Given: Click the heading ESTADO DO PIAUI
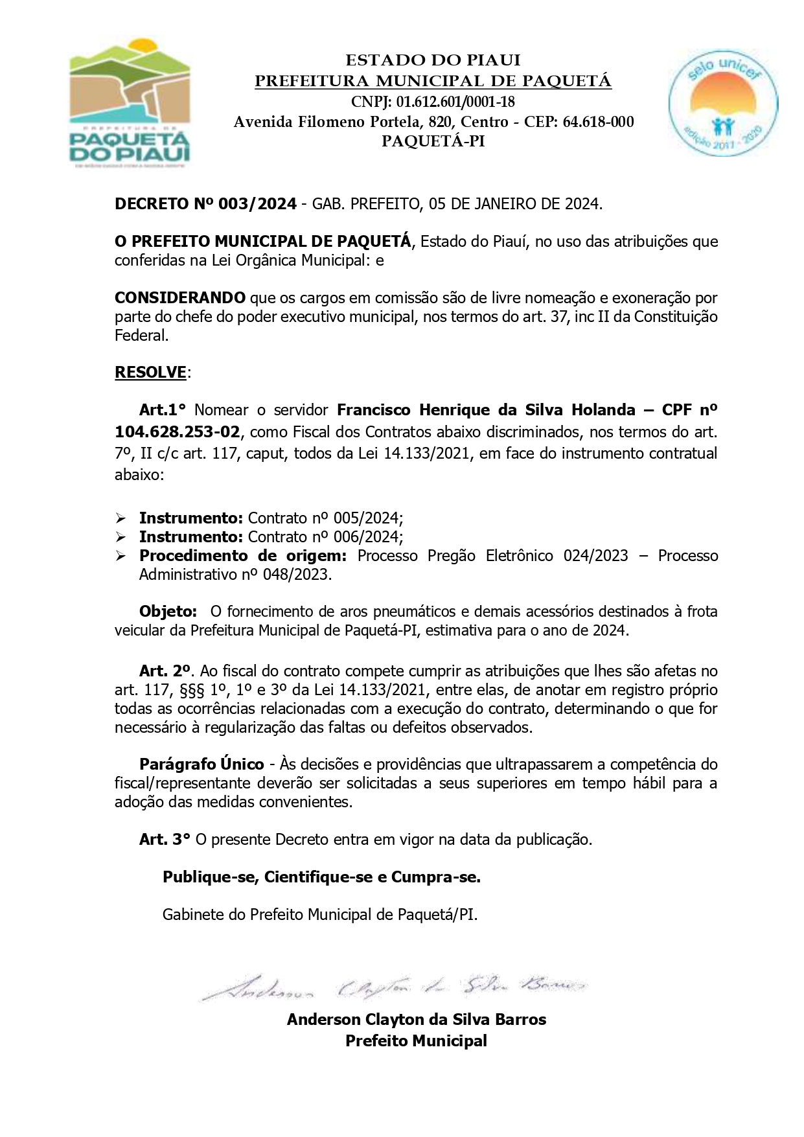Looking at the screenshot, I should pos(433,60).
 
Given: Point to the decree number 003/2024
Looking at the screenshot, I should pos(258,204).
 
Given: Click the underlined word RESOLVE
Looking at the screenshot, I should pos(150,373).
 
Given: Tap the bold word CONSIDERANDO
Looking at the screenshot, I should pos(180,298).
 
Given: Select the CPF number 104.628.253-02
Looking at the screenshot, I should pos(177,431).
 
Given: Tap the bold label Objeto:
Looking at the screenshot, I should pos(168,612).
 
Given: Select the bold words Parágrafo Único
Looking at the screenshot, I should pos(201,764).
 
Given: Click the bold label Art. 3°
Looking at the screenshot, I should pos(165,840).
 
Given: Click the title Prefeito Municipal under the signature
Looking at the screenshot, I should pos(416,1041).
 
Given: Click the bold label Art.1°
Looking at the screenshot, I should pos(162,410).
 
